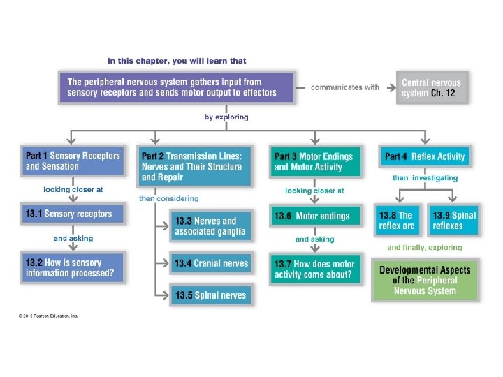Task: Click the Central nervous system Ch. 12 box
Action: click(x=431, y=87)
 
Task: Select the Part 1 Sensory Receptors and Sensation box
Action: click(x=73, y=161)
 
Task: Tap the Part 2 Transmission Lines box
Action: click(x=192, y=166)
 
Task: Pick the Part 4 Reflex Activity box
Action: click(x=425, y=156)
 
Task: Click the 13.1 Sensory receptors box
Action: click(x=73, y=214)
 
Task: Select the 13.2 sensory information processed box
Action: click(x=73, y=267)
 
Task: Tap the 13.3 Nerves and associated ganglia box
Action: click(x=210, y=226)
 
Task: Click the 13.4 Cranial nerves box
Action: click(x=210, y=263)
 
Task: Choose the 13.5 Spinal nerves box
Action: click(x=210, y=295)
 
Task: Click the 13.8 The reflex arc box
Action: click(x=397, y=220)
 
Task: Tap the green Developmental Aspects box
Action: click(x=425, y=280)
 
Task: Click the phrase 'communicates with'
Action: click(x=345, y=87)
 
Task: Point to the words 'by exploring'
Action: click(x=226, y=117)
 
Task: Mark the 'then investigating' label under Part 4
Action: click(x=425, y=178)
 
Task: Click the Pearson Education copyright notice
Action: click(x=48, y=316)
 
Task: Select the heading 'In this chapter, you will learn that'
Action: click(x=177, y=61)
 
